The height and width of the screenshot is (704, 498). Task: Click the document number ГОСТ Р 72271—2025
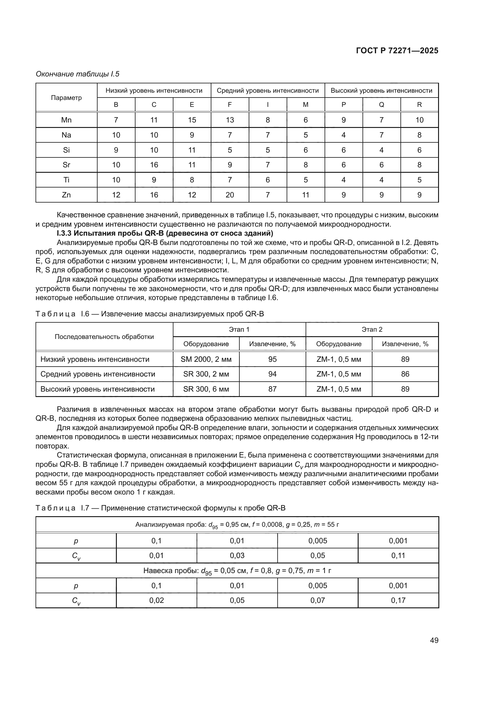397,51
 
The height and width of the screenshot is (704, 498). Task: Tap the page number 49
434,640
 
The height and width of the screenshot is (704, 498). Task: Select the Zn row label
66,195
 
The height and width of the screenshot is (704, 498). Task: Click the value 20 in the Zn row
230,195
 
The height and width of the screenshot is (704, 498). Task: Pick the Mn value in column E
192,120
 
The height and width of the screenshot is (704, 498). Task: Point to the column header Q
381,104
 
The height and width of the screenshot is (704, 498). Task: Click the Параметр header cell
66,98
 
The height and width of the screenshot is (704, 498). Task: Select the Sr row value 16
154,165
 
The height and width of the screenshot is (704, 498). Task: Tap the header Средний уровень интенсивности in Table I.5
268,91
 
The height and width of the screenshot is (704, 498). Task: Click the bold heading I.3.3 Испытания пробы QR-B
165,233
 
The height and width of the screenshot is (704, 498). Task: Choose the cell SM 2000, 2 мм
206,359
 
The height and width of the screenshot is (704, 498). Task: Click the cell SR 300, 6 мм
206,389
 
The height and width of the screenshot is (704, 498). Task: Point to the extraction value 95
272,359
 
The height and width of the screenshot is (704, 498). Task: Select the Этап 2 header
372,329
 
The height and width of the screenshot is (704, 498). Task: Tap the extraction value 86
405,374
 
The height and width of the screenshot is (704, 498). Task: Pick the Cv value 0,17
398,600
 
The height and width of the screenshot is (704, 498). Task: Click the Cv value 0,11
398,555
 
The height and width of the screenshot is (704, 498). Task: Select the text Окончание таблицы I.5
78,74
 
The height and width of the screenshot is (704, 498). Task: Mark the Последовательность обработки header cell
104,337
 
